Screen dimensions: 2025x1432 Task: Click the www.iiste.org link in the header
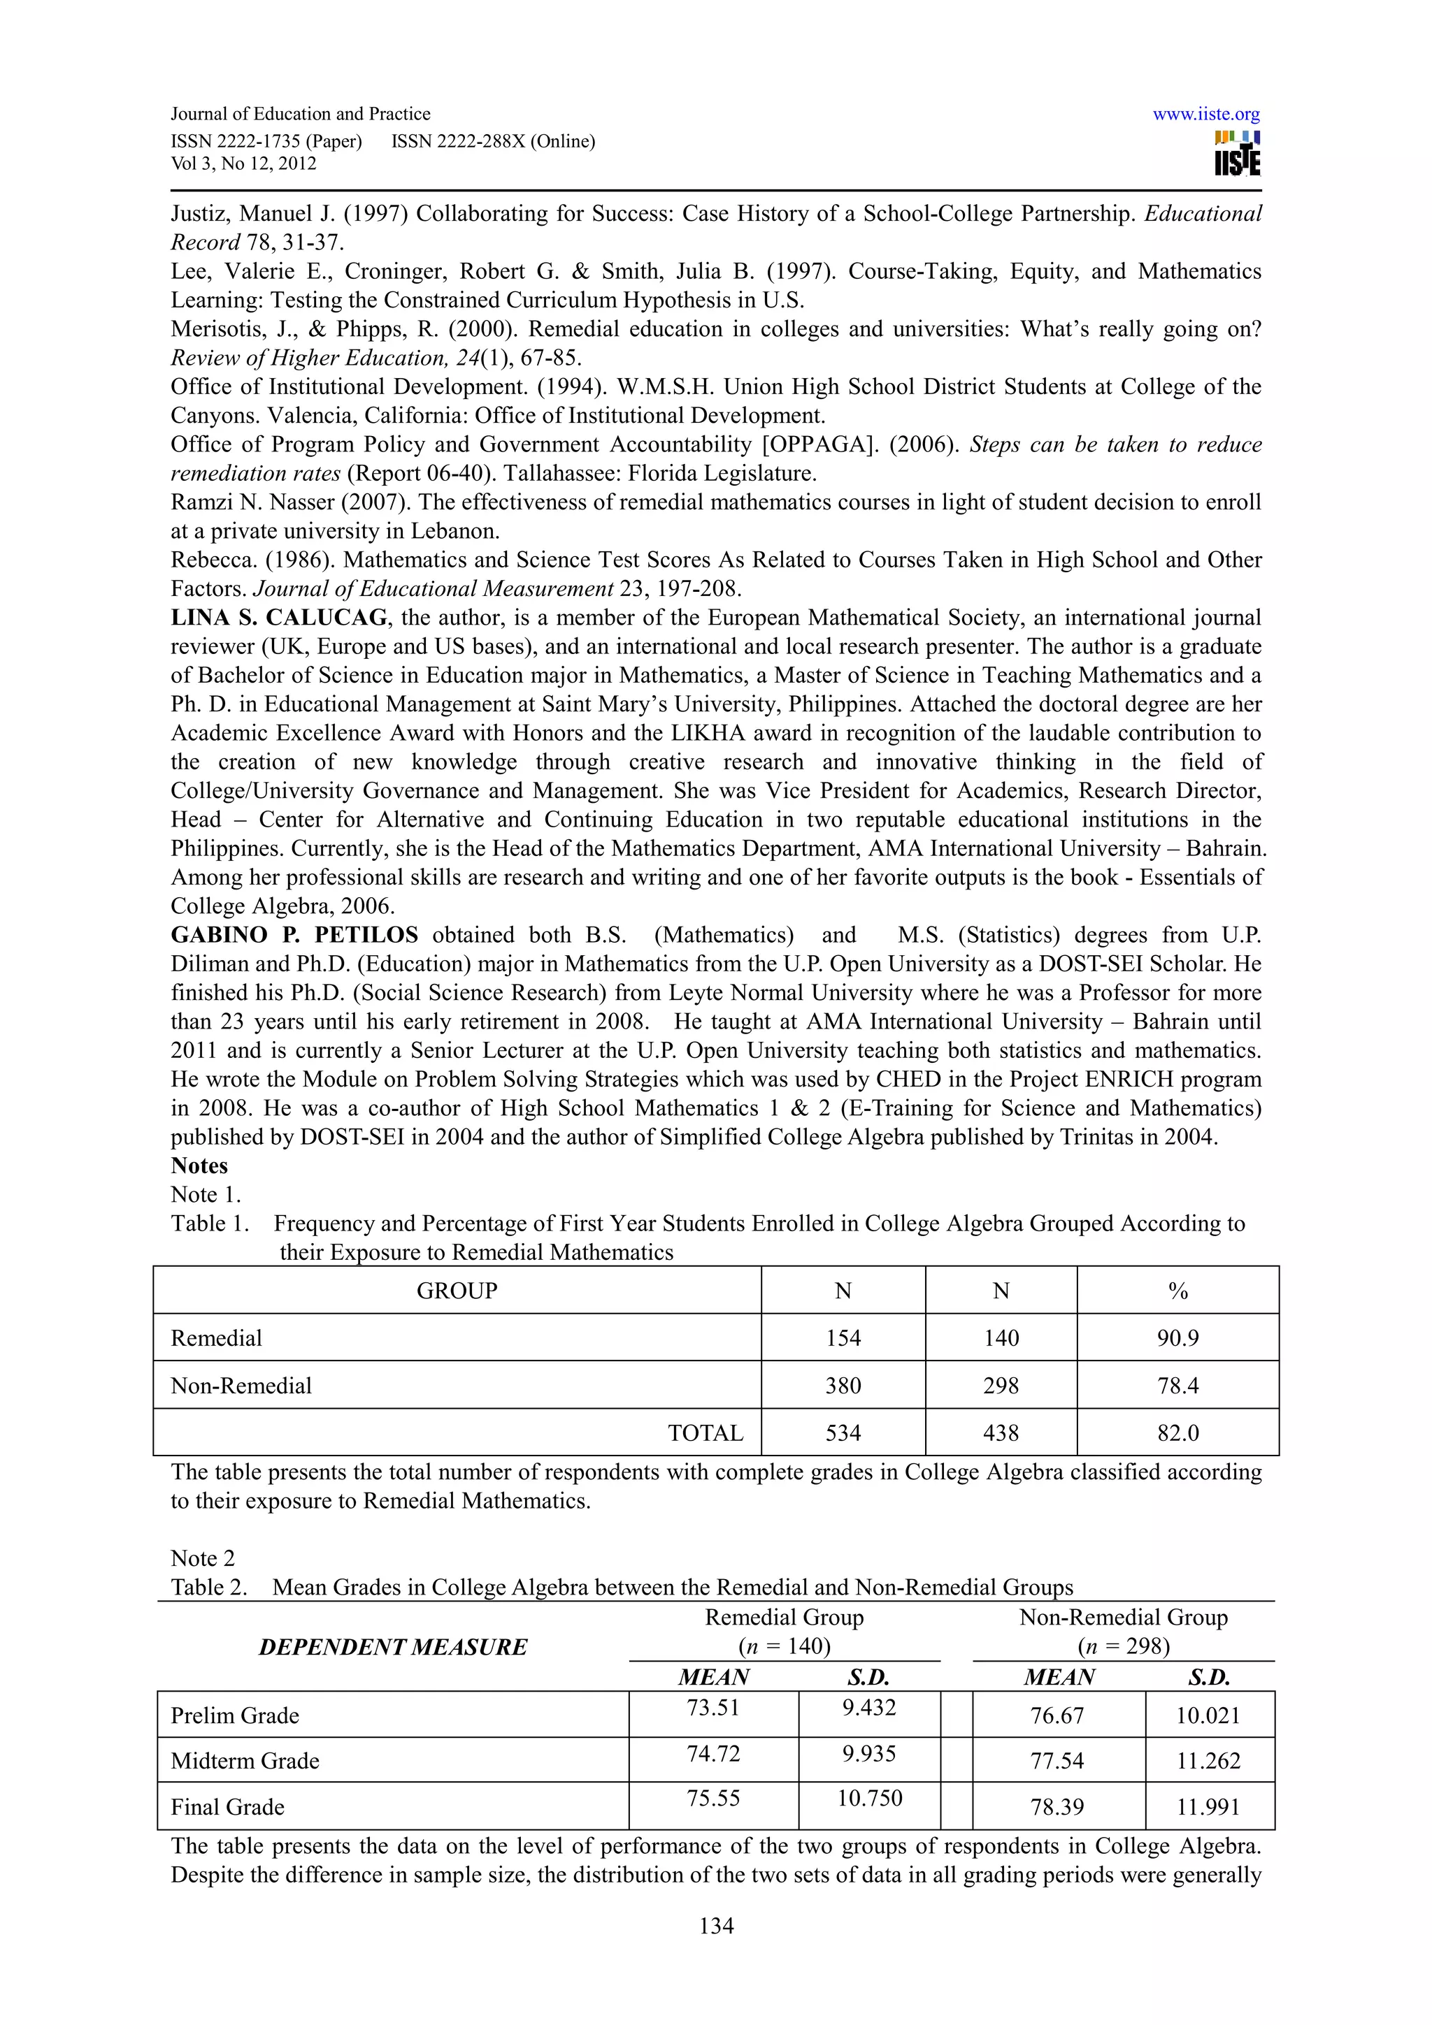coord(1205,115)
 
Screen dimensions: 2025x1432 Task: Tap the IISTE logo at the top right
coord(1237,154)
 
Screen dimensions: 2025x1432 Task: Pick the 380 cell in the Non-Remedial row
coord(843,1386)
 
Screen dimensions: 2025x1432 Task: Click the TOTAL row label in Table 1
coord(705,1433)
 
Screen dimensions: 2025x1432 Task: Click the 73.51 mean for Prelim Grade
coord(713,1708)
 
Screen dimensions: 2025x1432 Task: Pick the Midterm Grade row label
coord(245,1762)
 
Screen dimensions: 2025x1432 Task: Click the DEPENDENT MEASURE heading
coord(393,1648)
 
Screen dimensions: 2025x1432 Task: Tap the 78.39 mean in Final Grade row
coord(1057,1807)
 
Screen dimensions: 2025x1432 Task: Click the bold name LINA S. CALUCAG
coord(279,618)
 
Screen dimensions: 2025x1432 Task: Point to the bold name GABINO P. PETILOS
coord(294,935)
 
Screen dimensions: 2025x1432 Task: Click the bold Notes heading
coord(199,1166)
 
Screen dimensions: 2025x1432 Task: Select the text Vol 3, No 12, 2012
coord(243,164)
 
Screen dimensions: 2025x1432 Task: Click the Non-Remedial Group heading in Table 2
coord(1123,1618)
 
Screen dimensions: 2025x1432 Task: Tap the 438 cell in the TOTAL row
coord(1001,1433)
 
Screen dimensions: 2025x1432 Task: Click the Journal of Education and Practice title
coord(300,115)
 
